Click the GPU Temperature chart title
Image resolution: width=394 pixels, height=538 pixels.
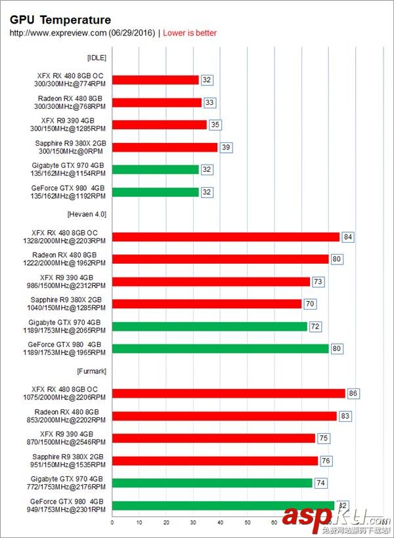(x=60, y=20)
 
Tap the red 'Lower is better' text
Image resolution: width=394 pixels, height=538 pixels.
(x=190, y=33)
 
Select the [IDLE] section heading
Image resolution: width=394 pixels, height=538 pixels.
(x=97, y=57)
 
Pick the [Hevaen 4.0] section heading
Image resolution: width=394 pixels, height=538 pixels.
(x=87, y=214)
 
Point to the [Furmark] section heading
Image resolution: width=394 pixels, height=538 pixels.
(x=91, y=371)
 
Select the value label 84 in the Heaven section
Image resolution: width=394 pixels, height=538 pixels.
(x=348, y=237)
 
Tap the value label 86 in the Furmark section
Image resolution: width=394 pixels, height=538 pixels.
(x=354, y=394)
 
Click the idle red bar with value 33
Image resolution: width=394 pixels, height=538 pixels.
(x=157, y=102)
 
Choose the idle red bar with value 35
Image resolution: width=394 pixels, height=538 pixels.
(x=160, y=125)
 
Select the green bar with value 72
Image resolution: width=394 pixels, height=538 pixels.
(x=209, y=326)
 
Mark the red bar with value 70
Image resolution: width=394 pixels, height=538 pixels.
(x=207, y=304)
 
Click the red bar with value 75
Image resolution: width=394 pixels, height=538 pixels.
(x=213, y=438)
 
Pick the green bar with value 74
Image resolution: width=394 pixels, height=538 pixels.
(x=212, y=483)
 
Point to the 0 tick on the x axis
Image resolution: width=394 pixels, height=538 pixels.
(x=112, y=523)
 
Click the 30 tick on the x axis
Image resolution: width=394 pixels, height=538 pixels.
(x=193, y=523)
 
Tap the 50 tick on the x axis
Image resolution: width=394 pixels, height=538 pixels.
(x=247, y=523)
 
